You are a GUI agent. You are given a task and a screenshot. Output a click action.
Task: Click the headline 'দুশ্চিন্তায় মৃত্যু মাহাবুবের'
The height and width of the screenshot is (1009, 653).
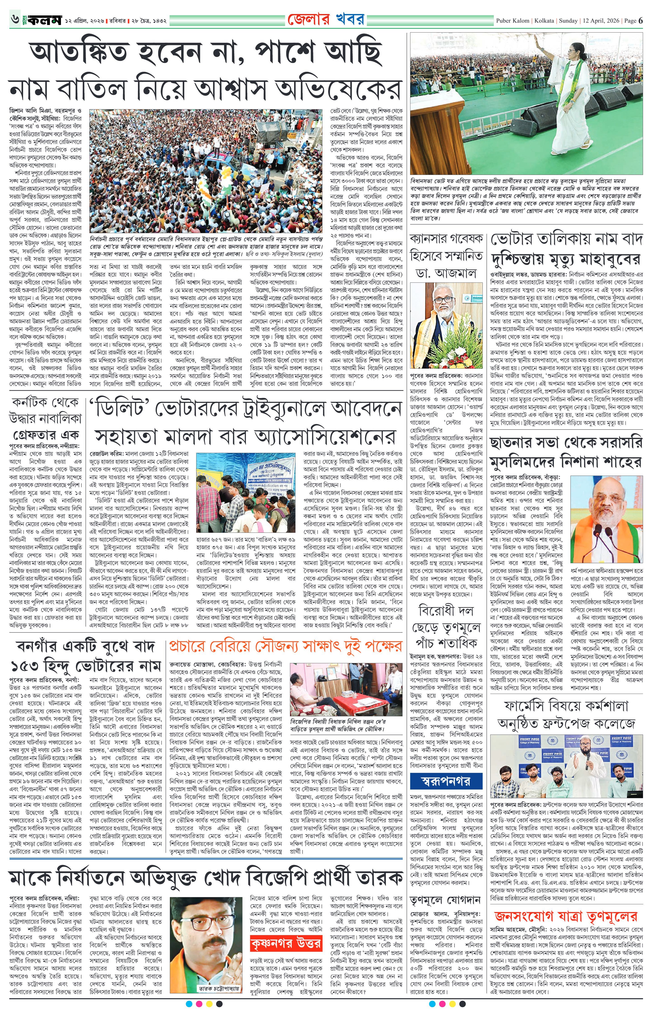(x=565, y=257)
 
